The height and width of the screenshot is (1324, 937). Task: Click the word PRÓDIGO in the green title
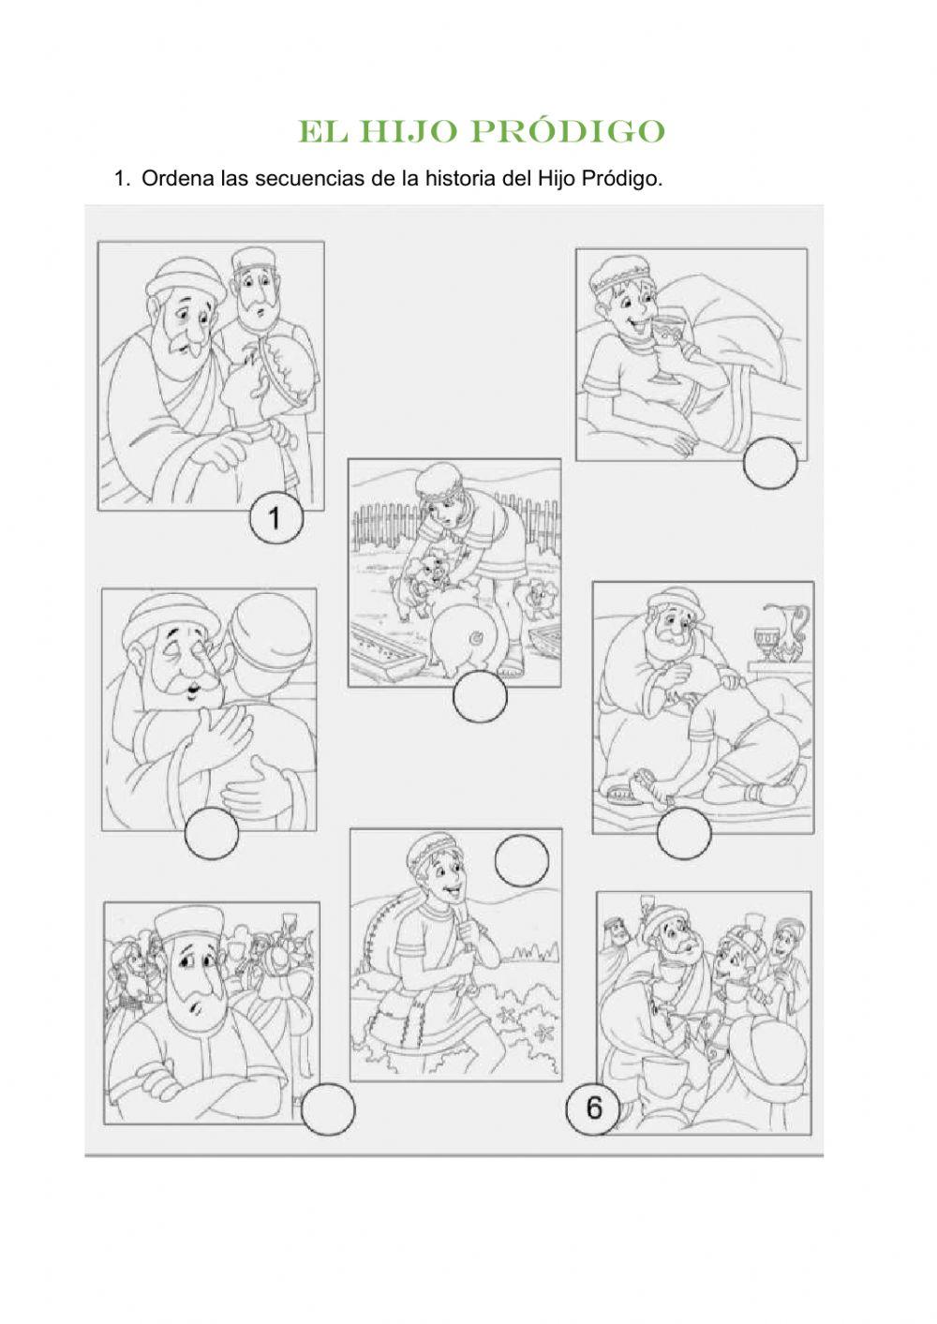coord(568,131)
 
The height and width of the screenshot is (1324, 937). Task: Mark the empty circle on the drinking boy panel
coord(769,463)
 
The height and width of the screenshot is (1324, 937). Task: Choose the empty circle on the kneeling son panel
coord(684,832)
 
